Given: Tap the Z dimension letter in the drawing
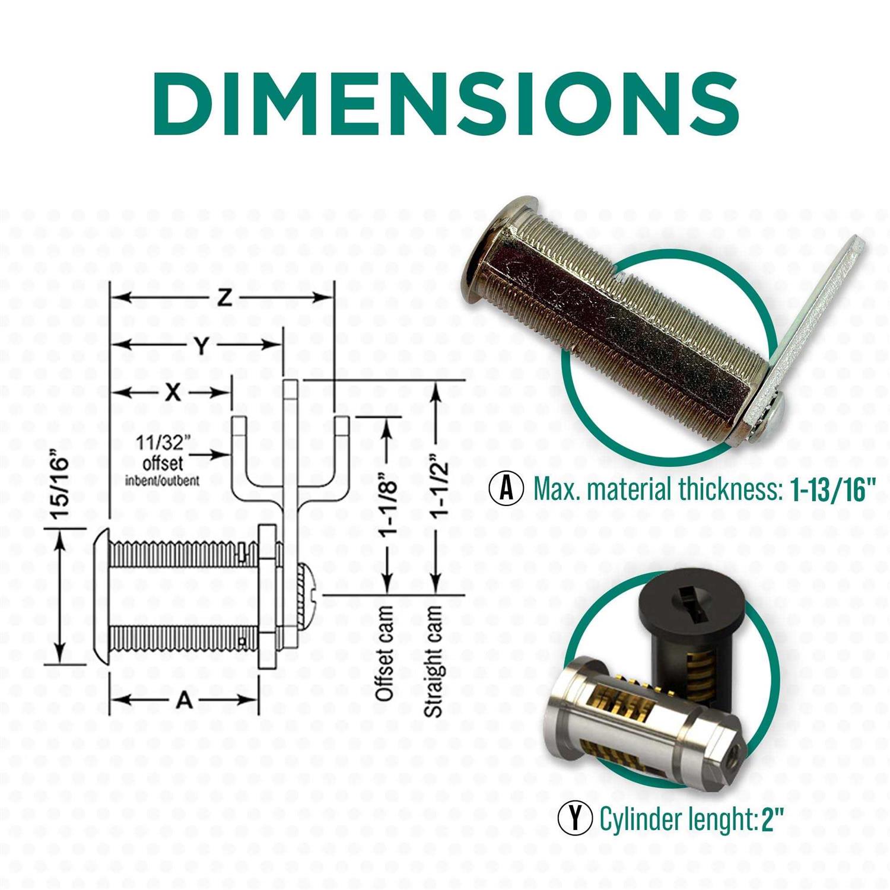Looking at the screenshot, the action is tap(223, 298).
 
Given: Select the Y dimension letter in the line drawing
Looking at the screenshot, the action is tap(202, 345).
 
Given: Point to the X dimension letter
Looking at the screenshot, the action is tap(173, 392).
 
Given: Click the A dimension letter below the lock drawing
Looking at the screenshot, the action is tap(185, 700).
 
